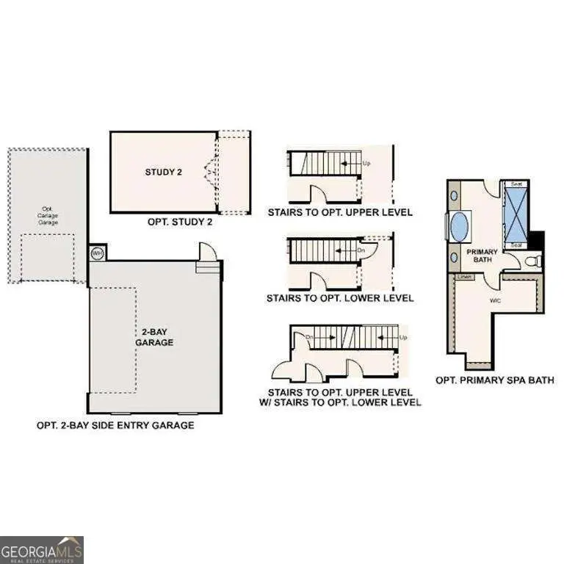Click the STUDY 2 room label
coord(163,173)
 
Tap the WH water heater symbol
coord(96,253)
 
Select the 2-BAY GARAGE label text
coord(153,336)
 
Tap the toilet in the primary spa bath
coord(534,260)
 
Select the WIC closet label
coord(495,300)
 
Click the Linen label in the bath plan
coord(464,277)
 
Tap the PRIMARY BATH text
coord(482,256)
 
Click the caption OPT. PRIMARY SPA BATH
coord(494,380)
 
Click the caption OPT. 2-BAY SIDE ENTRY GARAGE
coord(115,425)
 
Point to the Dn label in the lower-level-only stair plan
coord(361,250)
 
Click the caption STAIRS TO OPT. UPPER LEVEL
coord(340,212)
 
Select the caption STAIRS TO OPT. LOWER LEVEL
coord(340,298)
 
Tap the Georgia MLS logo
coord(42,549)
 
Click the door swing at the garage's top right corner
coord(209,253)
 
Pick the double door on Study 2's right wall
coord(211,173)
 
